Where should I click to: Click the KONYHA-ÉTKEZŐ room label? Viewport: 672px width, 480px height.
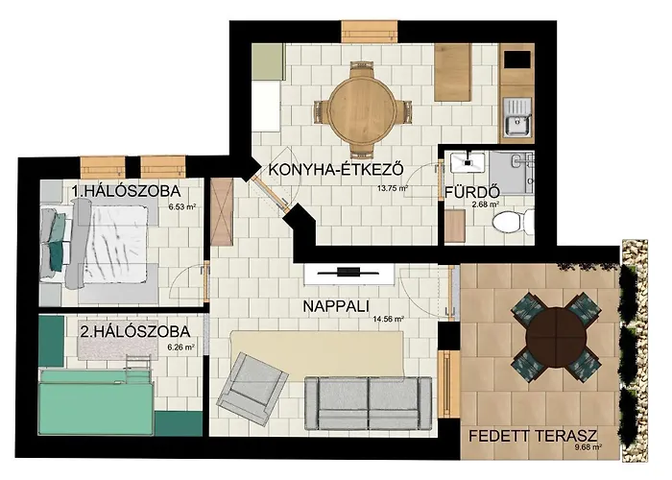(x=335, y=171)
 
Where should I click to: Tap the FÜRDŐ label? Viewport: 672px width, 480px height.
(x=468, y=191)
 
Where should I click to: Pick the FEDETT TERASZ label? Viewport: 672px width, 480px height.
(x=533, y=435)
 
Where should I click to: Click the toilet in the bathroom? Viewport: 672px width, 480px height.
(x=506, y=224)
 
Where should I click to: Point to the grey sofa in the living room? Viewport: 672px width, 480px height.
(x=367, y=403)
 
